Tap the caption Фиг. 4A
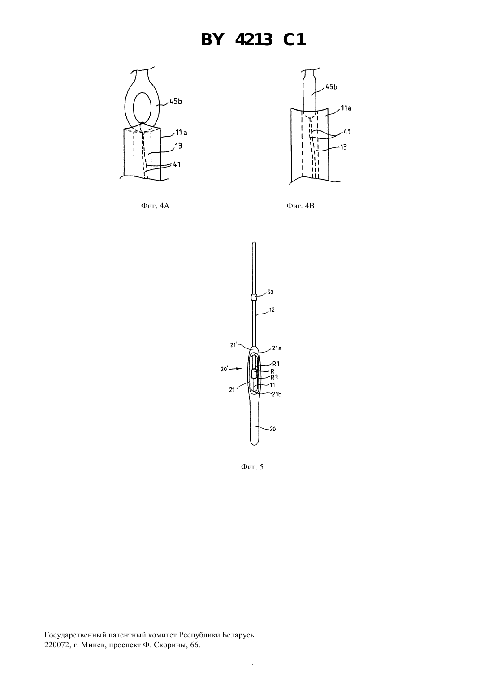pyautogui.click(x=155, y=206)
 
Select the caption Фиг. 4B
pyautogui.click(x=300, y=206)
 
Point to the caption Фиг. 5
pyautogui.click(x=252, y=467)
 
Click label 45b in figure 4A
pyautogui.click(x=176, y=101)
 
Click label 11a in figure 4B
pyautogui.click(x=346, y=108)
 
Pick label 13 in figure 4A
pyautogui.click(x=178, y=146)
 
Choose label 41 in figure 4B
pyautogui.click(x=347, y=132)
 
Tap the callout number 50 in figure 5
pyautogui.click(x=270, y=292)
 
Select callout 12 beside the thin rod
pyautogui.click(x=272, y=310)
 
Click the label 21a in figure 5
pyautogui.click(x=277, y=348)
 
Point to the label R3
pyautogui.click(x=274, y=378)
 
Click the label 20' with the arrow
pyautogui.click(x=225, y=369)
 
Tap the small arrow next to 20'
pyautogui.click(x=237, y=368)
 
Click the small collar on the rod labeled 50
pyautogui.click(x=254, y=297)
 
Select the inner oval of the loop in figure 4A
pyautogui.click(x=142, y=108)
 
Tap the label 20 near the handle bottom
pyautogui.click(x=272, y=429)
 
